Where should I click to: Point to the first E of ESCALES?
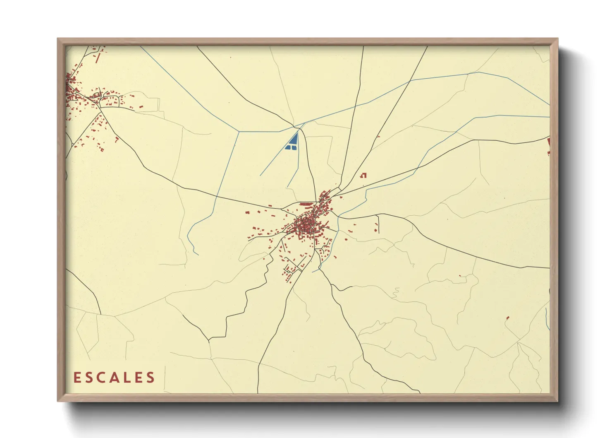tap(77, 378)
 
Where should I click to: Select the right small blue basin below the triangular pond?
tap(294, 147)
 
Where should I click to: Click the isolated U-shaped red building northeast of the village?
tap(364, 175)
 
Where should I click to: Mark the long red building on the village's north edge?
tap(306, 204)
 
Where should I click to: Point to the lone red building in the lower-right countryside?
tap(508, 318)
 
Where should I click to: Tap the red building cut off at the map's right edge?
tap(549, 143)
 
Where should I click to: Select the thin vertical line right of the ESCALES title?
tap(165, 378)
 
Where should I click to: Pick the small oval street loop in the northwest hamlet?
tap(97, 96)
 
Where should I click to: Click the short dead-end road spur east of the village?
tap(378, 224)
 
